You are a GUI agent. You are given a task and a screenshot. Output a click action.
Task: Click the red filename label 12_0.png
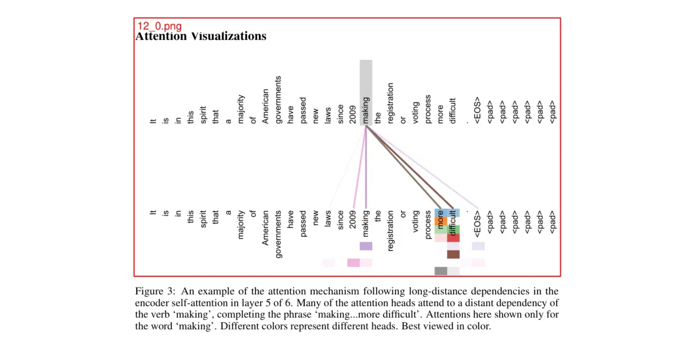[159, 26]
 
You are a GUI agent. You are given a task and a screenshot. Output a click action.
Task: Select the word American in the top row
[265, 106]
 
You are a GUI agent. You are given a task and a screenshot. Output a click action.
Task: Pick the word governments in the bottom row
[278, 234]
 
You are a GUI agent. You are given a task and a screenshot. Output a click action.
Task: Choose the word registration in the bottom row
[390, 231]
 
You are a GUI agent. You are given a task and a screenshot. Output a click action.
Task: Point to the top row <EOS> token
[477, 110]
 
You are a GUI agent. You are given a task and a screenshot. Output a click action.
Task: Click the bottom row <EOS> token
[477, 224]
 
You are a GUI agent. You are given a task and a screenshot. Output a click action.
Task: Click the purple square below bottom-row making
[366, 246]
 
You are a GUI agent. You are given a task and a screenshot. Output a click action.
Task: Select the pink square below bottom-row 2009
[353, 263]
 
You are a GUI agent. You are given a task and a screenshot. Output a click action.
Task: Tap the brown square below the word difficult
[453, 254]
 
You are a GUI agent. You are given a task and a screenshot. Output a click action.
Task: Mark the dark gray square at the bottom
[441, 271]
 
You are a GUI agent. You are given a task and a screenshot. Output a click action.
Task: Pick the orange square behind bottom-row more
[441, 221]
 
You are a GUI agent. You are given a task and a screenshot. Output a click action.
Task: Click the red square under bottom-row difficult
[453, 238]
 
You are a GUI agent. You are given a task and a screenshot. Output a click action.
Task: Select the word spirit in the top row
[203, 115]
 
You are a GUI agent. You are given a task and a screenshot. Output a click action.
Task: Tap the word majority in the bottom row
[241, 225]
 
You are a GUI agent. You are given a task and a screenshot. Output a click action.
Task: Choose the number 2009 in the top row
[353, 115]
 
